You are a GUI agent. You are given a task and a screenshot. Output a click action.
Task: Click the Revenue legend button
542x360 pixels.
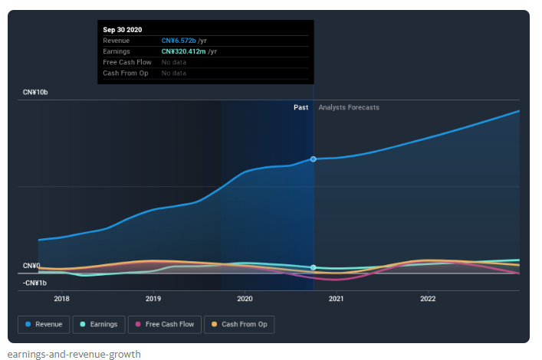coord(44,325)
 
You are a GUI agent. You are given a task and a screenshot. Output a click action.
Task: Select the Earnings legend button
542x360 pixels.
coord(99,325)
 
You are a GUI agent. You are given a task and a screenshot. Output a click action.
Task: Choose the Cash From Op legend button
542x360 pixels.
coord(239,325)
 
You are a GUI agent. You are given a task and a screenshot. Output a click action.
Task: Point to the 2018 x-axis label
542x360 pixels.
coord(61,299)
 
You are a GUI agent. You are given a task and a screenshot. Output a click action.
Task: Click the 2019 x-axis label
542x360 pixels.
coord(153,299)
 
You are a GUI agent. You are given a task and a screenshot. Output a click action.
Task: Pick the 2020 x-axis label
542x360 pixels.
coord(245,299)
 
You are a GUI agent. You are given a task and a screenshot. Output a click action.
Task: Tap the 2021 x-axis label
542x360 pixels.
coord(336,299)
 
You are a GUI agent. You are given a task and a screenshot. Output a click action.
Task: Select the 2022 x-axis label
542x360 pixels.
coord(428,299)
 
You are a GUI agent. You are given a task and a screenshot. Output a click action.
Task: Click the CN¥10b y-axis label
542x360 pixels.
coord(35,92)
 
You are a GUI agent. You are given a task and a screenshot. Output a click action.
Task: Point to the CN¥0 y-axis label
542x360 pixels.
coord(31,266)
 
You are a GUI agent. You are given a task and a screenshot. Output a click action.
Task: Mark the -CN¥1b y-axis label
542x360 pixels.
coord(34,283)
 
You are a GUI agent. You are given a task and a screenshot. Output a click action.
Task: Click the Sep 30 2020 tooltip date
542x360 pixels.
coord(123,29)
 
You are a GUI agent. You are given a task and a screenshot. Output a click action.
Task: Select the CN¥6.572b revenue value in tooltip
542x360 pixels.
coord(179,41)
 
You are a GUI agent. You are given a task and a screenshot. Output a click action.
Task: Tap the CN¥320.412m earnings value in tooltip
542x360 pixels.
coord(184,51)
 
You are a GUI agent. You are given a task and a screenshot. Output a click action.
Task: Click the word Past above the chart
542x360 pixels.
coord(301,107)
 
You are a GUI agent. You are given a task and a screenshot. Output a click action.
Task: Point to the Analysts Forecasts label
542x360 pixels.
coord(349,107)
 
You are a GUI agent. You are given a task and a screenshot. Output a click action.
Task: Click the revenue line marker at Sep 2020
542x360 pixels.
coord(314,159)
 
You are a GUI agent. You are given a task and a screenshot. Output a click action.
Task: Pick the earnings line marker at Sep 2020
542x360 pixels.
coord(314,267)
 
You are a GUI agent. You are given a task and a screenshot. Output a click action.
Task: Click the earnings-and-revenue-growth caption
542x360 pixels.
coord(74,354)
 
